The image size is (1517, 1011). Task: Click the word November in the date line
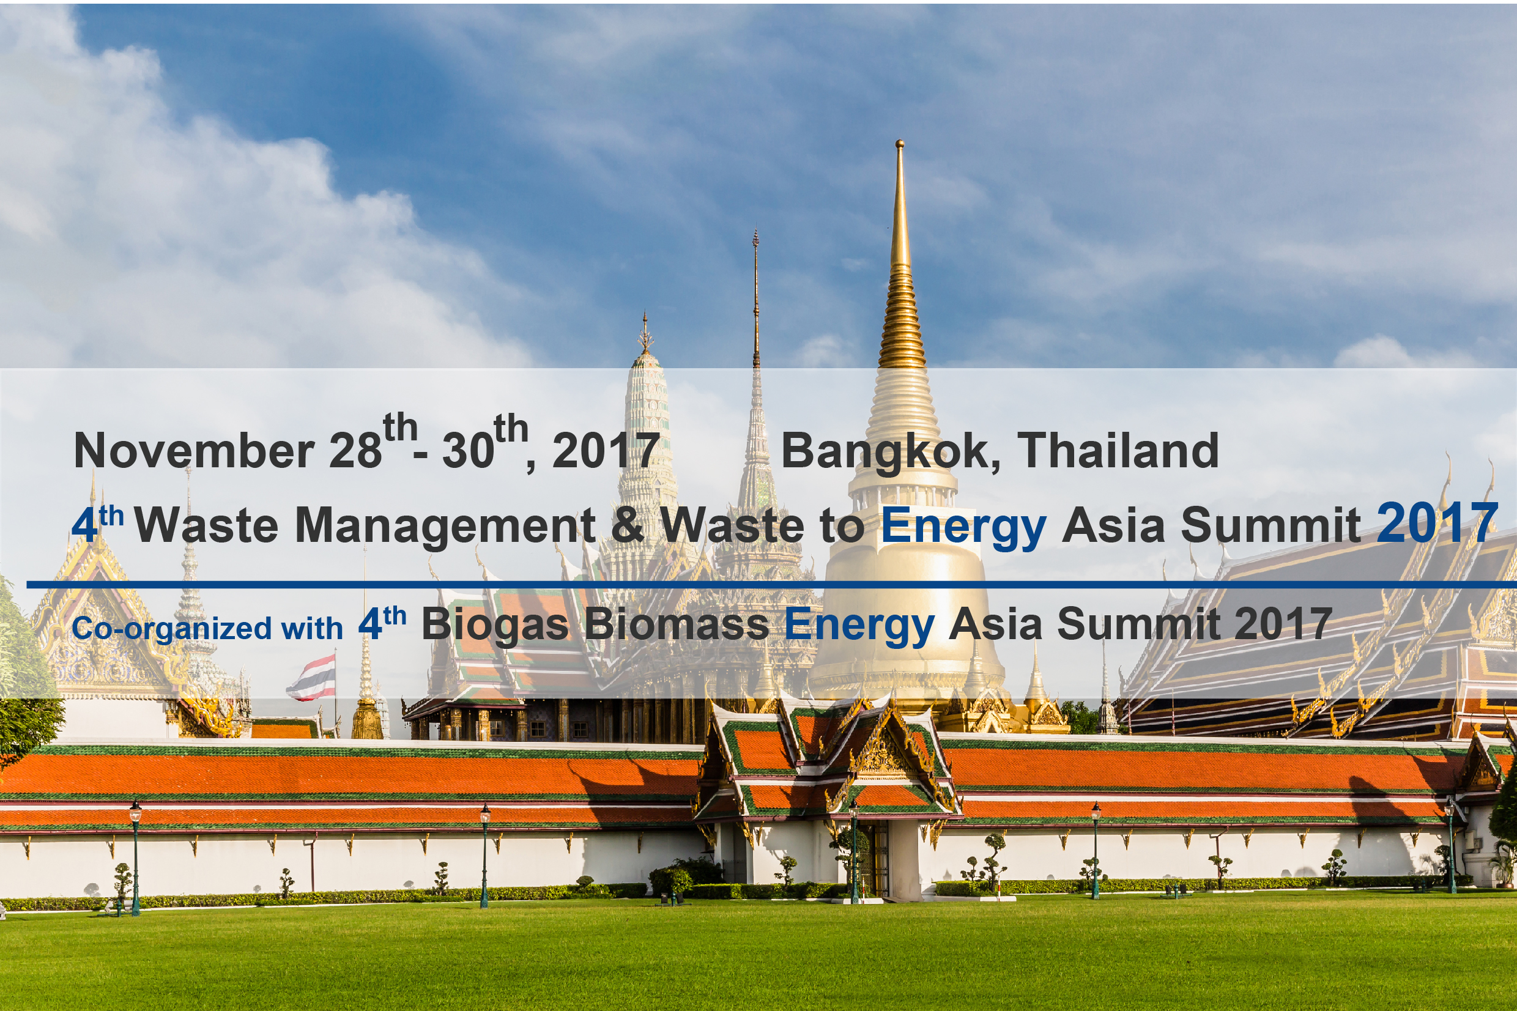click(193, 450)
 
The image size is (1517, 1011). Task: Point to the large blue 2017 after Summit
click(1436, 523)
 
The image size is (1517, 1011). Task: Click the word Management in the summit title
click(445, 524)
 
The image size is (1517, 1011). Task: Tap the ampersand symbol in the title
click(628, 524)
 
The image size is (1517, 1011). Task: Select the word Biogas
click(495, 624)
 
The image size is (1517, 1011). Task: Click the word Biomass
click(677, 624)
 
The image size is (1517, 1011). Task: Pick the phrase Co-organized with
click(207, 628)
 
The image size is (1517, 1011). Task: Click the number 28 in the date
click(355, 450)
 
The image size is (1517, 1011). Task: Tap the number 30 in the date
click(468, 450)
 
